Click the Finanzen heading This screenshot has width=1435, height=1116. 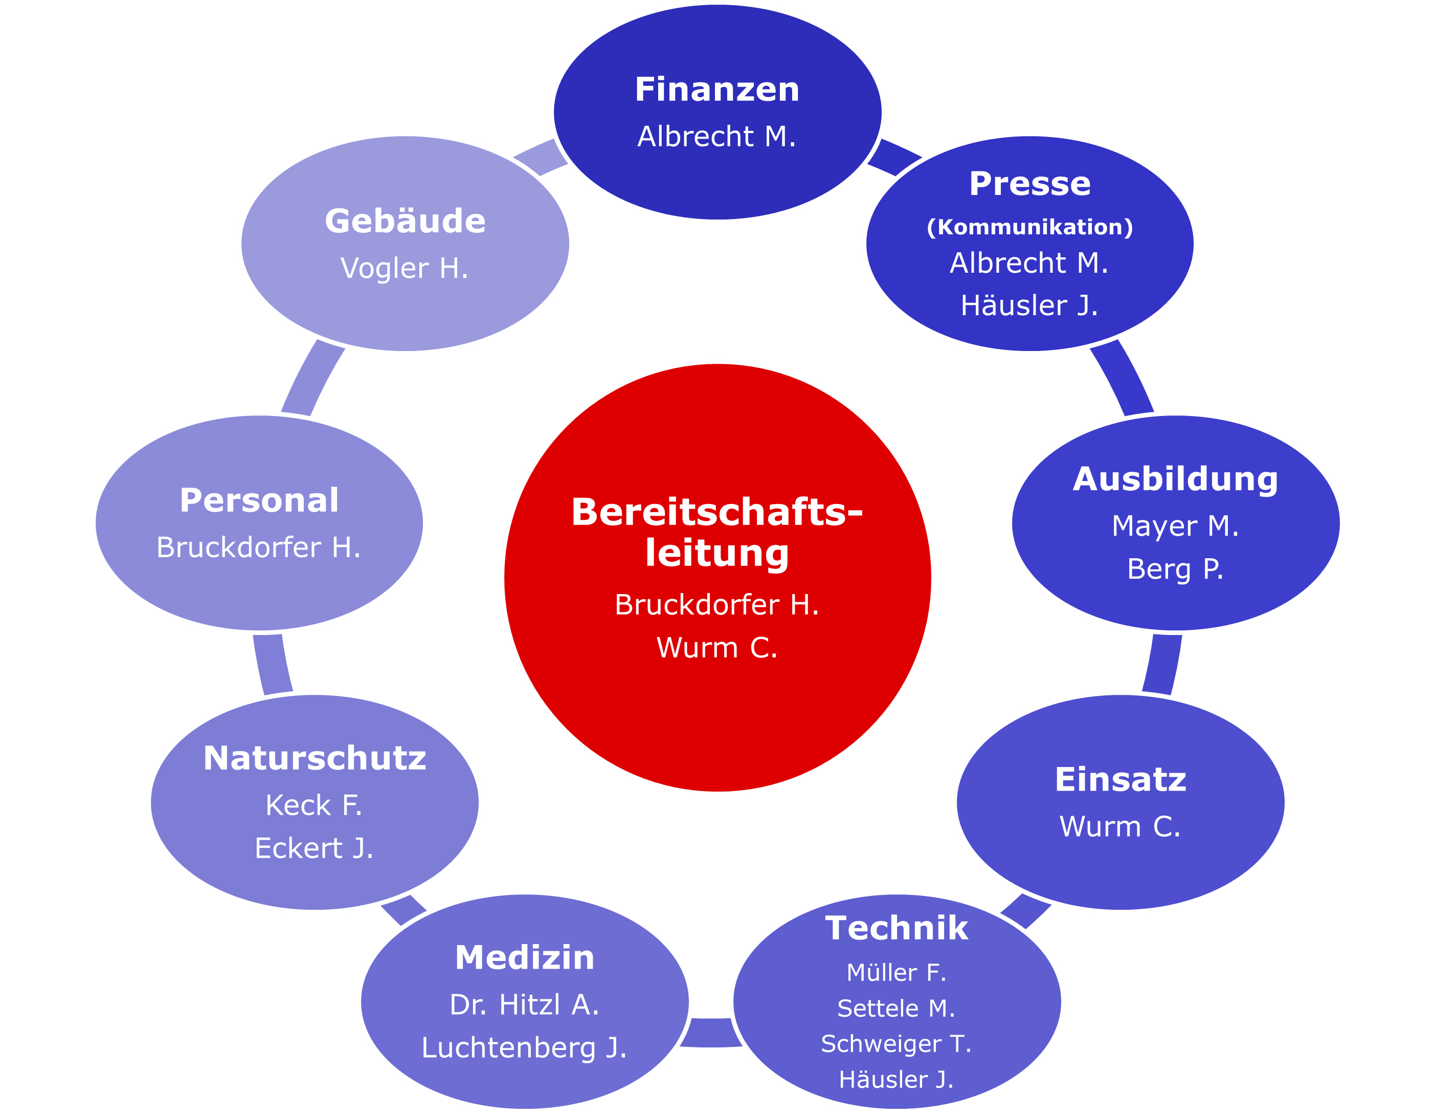(x=717, y=90)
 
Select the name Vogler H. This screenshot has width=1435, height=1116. (x=404, y=268)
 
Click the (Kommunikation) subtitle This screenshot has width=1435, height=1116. (x=1029, y=227)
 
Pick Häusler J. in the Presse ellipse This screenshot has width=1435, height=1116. (x=1029, y=305)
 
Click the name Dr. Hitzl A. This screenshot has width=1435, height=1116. (x=524, y=1004)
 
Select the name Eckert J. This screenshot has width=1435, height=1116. (x=314, y=848)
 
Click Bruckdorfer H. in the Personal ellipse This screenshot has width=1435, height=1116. (x=258, y=548)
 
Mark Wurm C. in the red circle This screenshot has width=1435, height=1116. (x=717, y=647)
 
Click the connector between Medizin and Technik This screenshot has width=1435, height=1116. (x=711, y=1032)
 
